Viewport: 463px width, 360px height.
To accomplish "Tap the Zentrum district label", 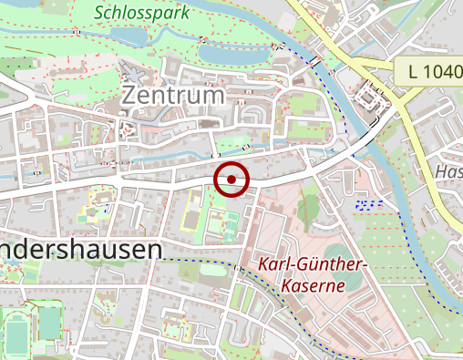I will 171,95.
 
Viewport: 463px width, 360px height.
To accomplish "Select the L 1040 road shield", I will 427,71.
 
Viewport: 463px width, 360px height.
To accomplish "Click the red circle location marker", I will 231,180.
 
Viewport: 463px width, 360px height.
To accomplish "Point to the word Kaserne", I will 313,285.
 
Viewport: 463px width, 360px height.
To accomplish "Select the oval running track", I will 15,330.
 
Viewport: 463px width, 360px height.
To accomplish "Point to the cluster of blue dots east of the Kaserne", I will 368,203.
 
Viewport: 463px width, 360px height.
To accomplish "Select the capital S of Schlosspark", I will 99,14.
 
